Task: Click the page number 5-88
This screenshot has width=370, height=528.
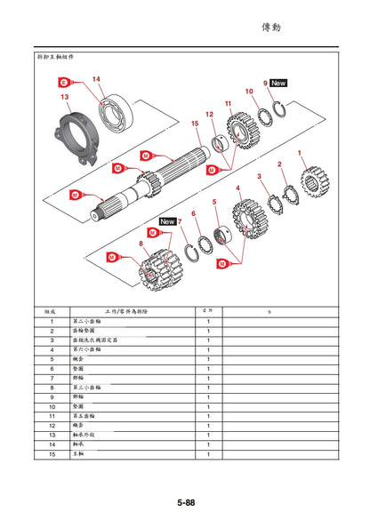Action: (x=185, y=502)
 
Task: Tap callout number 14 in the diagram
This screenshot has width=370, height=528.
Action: (x=96, y=79)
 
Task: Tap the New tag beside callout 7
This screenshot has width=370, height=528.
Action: (x=166, y=220)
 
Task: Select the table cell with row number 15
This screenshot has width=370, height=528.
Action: (x=52, y=454)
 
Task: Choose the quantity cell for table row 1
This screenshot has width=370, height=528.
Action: (x=207, y=321)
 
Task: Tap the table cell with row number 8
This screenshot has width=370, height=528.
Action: (x=52, y=388)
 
